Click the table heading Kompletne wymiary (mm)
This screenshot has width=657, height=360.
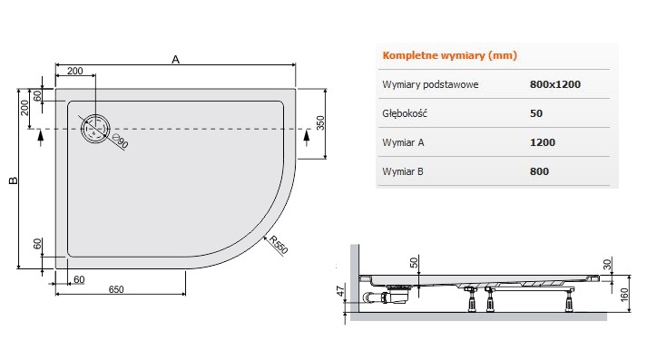tap(449, 55)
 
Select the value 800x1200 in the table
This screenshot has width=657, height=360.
tap(555, 84)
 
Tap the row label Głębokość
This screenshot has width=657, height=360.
tap(405, 113)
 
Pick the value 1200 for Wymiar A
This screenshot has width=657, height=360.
tap(543, 142)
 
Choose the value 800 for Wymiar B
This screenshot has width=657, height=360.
tap(539, 171)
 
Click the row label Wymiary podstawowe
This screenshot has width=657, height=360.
tap(430, 84)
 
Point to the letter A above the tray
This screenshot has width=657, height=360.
tap(175, 60)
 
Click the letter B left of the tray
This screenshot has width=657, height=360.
tap(14, 180)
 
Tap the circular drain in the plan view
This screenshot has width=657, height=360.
tap(95, 129)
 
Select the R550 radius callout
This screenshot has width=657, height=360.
tap(279, 245)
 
